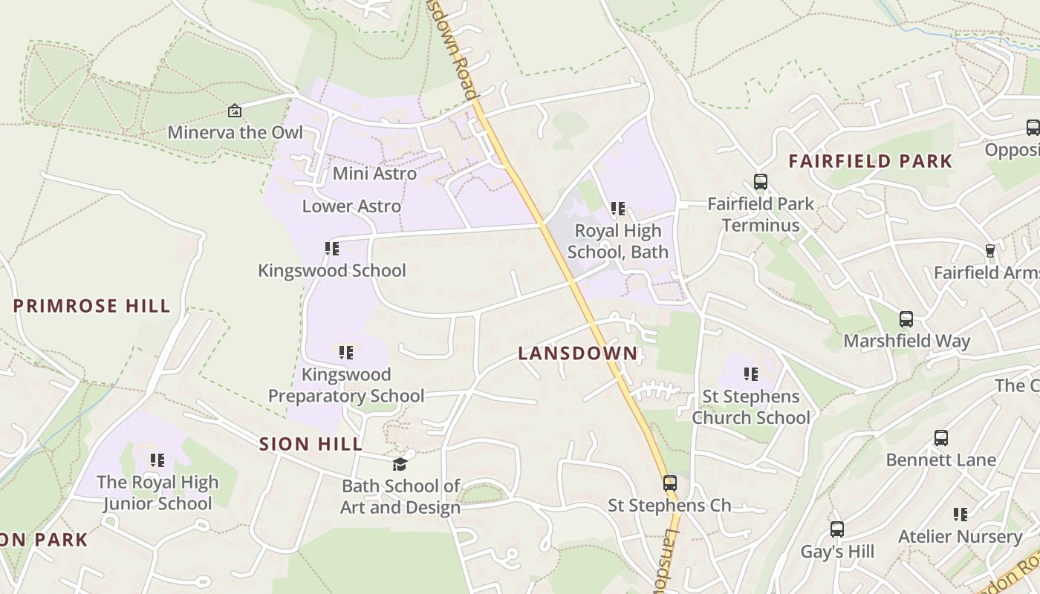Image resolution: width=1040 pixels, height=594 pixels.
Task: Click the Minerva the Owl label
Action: [x=235, y=132]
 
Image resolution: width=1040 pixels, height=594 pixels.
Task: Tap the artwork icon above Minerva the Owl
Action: [x=235, y=111]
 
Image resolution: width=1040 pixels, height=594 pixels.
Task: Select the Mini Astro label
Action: [x=374, y=173]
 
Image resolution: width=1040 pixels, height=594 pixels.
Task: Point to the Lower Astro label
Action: [x=351, y=206]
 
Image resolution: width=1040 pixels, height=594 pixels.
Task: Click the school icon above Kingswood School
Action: [x=332, y=248]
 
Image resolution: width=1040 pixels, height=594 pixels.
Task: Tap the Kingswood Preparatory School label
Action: [x=346, y=385]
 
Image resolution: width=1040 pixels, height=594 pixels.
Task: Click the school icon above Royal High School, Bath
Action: [x=618, y=209]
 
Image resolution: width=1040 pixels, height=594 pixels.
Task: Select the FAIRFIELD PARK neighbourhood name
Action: [x=870, y=161]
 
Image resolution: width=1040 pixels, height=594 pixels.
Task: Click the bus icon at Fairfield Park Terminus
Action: [x=760, y=181]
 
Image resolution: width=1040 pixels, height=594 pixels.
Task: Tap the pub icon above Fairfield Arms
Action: [x=989, y=250]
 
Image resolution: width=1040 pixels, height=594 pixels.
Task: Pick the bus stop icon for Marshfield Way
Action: [x=906, y=319]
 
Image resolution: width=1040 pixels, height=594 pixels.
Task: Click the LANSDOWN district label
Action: [x=578, y=353]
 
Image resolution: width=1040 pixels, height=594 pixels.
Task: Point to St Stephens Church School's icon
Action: [x=751, y=374]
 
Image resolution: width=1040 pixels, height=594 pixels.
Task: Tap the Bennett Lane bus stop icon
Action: [x=941, y=437]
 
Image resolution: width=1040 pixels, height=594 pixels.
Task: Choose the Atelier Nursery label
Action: [x=961, y=536]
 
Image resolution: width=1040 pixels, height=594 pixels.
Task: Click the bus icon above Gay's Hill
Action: [x=837, y=529]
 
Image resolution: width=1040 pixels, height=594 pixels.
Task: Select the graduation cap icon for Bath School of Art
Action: [x=400, y=464]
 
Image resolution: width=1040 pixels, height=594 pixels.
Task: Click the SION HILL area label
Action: [x=311, y=444]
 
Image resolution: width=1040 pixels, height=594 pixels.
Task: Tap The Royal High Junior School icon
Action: [x=157, y=460]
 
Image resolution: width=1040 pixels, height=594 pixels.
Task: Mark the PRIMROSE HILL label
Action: [x=92, y=306]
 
